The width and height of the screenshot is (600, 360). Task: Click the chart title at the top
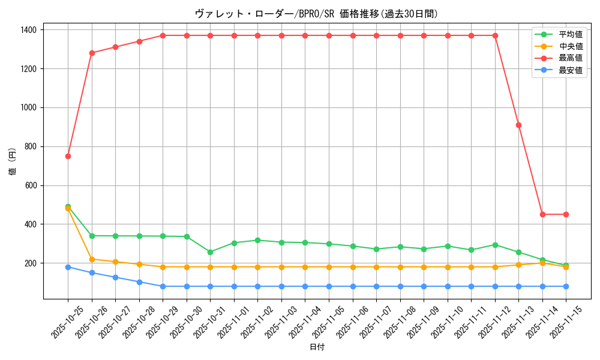(316, 14)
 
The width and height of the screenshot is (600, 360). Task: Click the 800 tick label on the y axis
(30, 146)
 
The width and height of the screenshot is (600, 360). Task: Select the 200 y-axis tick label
(30, 263)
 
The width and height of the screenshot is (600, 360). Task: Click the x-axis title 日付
(317, 347)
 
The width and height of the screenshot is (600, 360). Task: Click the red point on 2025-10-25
(68, 156)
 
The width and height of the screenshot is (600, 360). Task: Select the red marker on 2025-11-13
(518, 125)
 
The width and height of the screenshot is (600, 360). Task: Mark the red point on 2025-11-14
(542, 214)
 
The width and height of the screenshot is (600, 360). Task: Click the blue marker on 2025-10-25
(68, 267)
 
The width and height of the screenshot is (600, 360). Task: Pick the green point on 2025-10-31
(210, 252)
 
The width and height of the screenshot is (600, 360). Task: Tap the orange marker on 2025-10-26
(92, 259)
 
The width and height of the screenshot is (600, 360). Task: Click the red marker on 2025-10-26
(92, 53)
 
